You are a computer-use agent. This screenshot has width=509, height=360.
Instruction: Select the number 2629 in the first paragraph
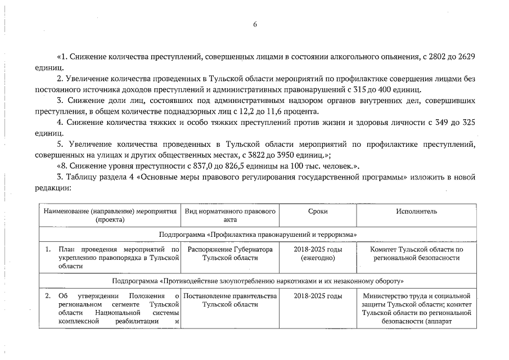click(x=465, y=57)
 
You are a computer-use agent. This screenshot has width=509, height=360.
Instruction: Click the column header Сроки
click(x=318, y=211)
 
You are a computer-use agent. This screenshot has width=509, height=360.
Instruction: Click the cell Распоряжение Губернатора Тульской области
click(x=231, y=253)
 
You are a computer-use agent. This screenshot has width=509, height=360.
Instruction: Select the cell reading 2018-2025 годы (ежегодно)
click(x=318, y=253)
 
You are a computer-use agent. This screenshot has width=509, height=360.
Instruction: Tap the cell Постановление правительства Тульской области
click(x=231, y=300)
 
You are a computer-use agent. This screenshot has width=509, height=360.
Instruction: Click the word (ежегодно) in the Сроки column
click(x=318, y=258)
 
